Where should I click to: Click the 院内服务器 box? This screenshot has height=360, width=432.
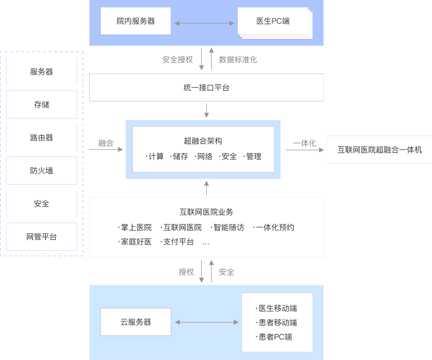click(x=136, y=21)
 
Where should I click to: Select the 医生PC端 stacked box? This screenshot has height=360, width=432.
click(x=273, y=21)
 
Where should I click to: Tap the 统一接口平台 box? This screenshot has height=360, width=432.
click(x=206, y=87)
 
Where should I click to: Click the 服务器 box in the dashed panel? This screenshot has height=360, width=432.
click(x=42, y=72)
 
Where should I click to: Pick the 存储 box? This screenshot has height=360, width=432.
click(x=42, y=105)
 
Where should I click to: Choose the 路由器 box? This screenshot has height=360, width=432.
click(x=42, y=137)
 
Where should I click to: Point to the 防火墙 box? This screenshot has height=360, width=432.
click(x=42, y=171)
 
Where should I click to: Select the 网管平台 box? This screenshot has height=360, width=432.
click(x=42, y=237)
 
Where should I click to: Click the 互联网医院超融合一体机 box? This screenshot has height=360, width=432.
click(x=379, y=150)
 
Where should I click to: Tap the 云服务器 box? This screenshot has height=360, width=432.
click(x=136, y=322)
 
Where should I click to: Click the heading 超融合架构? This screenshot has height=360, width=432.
click(x=203, y=141)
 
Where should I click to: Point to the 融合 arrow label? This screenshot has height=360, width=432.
click(x=106, y=143)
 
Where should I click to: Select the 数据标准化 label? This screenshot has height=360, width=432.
click(x=238, y=59)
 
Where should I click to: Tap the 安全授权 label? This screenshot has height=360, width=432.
click(x=177, y=59)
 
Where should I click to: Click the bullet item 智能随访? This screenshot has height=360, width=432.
click(x=228, y=227)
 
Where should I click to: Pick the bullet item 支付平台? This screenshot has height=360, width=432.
click(x=178, y=241)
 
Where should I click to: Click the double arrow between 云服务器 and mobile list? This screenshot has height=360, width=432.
click(x=207, y=322)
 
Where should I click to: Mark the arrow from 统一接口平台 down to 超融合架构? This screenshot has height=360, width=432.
click(x=207, y=110)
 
